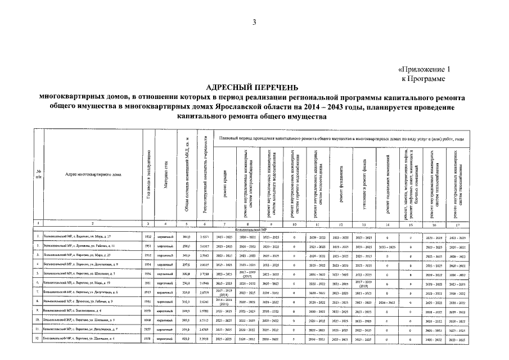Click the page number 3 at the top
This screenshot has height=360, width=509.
pos(254,22)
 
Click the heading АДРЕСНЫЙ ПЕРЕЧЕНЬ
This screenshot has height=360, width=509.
pos(254,88)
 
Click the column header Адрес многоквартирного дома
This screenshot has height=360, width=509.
pos(93,174)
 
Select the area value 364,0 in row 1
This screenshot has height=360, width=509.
pos(184,237)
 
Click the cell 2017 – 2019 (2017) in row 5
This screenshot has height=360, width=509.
pos(247,274)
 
